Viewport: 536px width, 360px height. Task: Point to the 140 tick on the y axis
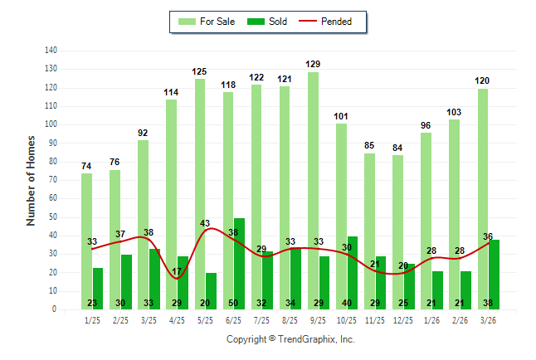click(x=51, y=50)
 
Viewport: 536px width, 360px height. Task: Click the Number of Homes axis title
click(x=32, y=180)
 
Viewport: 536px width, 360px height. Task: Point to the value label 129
click(x=313, y=64)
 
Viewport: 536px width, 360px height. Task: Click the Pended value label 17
click(x=177, y=271)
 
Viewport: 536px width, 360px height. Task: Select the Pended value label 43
click(x=205, y=223)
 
